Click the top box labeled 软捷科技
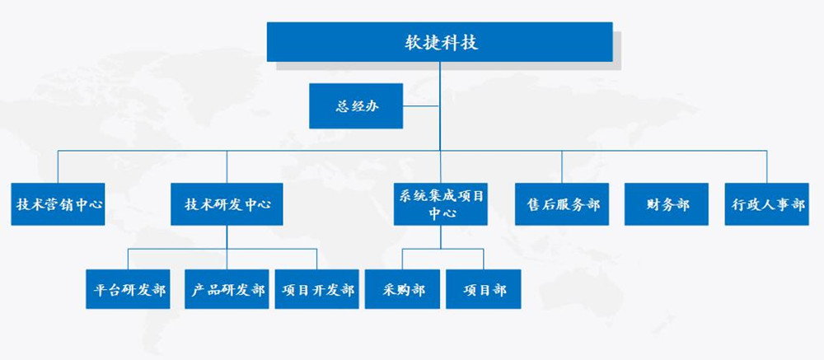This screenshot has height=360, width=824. pos(439,42)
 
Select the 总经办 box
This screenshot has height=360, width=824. pos(356,105)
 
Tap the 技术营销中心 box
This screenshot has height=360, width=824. pos(58,204)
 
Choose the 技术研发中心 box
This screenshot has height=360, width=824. pos(227,204)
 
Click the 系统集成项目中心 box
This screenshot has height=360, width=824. pos(440,204)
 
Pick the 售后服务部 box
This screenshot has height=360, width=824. pos(562,204)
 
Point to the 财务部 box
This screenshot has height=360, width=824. pos(667,204)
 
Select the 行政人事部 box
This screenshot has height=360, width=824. pos(766,204)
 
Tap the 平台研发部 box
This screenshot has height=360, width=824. pos(128,289)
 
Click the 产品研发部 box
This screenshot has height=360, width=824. pos(227,289)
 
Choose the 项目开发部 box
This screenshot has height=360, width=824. pos(317,289)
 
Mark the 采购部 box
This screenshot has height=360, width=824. pos(403,289)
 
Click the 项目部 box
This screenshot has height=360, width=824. pos(484,289)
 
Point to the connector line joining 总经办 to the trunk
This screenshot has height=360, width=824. pos(421,105)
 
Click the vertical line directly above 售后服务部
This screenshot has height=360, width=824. pos(562,166)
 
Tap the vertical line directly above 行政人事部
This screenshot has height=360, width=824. pos(766,166)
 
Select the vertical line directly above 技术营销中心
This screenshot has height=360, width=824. pos(58,166)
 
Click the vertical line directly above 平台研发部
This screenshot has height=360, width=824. pos(128,259)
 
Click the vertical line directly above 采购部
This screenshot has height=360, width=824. pos(403,259)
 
